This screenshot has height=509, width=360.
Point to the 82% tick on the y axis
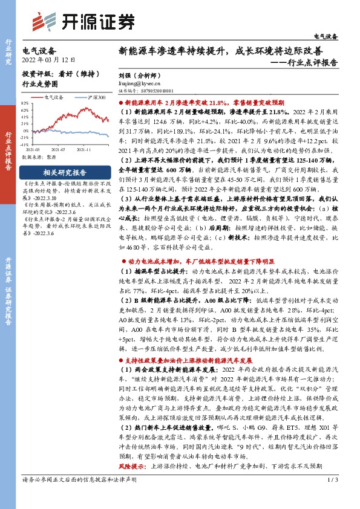25,103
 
